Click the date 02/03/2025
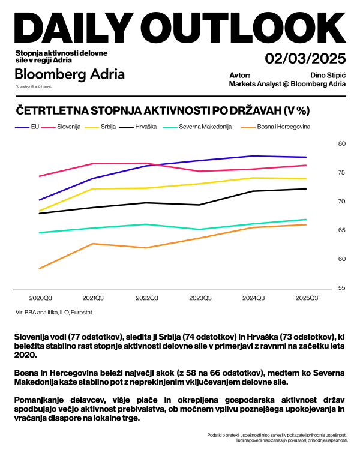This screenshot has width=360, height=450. click(305, 59)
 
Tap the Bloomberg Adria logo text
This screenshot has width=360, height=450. click(70, 74)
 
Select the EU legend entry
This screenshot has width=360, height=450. click(35, 127)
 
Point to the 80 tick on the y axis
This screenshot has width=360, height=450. click(342, 144)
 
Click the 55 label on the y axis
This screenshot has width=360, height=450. click(342, 288)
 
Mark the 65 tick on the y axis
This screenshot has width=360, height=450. click(342, 230)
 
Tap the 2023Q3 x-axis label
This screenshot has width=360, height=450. click(200, 298)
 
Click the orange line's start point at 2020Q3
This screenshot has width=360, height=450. click(39, 268)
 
